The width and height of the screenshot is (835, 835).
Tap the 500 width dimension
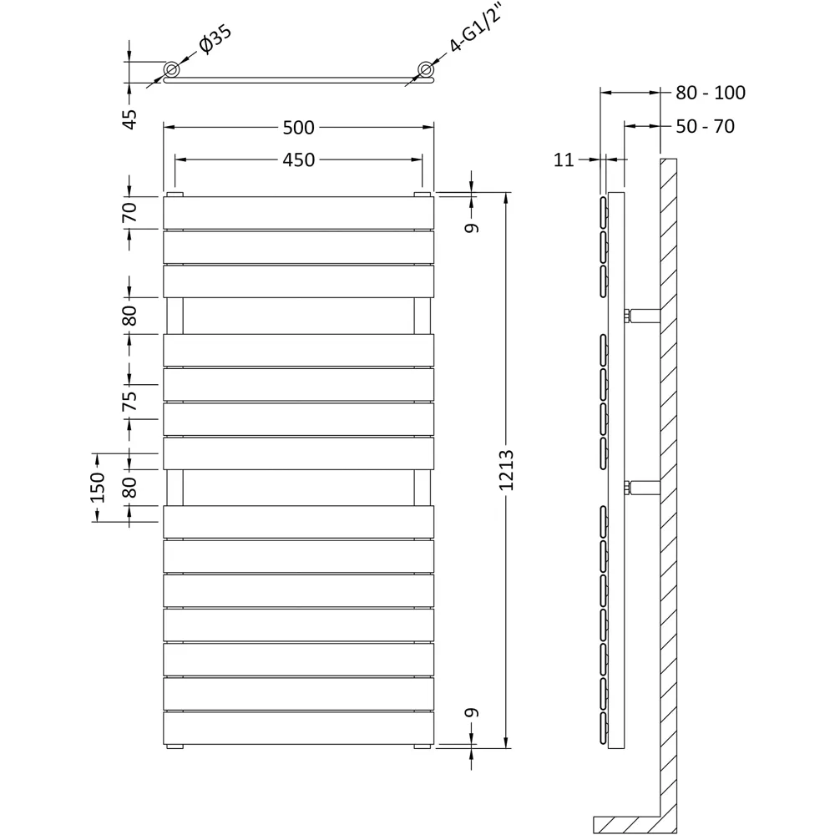298,128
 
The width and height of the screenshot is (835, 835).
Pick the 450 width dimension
298,159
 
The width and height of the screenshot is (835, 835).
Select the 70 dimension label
129,212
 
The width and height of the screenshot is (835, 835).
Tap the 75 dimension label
129,401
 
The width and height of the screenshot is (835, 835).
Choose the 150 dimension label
98,487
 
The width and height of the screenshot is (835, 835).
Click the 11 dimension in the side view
564,159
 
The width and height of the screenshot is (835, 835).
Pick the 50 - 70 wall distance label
705,128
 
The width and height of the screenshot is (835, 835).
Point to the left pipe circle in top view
171,68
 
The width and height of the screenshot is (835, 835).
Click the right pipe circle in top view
427,68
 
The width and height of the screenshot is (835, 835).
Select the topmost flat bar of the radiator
298,212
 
